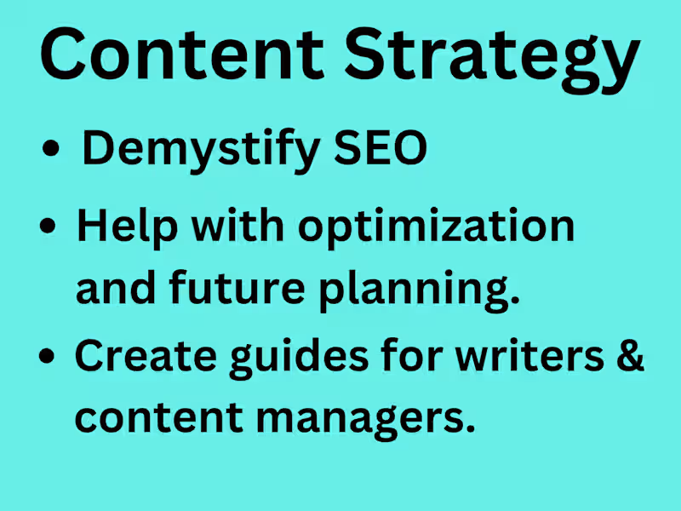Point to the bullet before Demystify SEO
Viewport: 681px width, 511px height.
52,152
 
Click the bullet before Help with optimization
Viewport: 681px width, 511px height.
50,228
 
